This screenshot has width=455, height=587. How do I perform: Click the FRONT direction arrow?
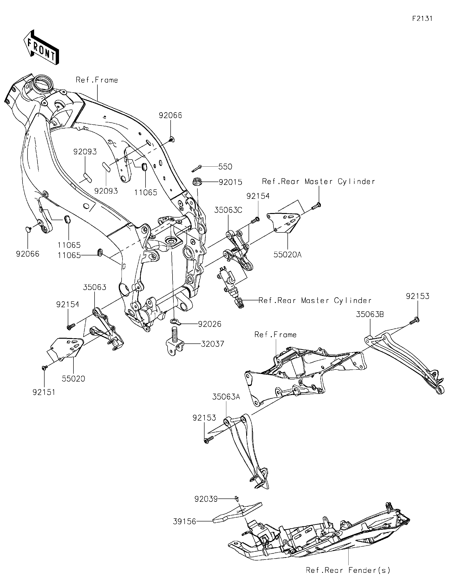click(x=41, y=47)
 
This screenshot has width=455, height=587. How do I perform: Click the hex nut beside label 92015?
click(x=196, y=182)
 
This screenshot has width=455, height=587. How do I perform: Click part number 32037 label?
click(x=212, y=344)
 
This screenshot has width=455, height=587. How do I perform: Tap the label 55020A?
click(x=287, y=254)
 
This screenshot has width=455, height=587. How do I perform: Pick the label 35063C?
click(x=228, y=210)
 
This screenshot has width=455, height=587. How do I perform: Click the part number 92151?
click(x=44, y=392)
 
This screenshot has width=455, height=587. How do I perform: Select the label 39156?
click(x=184, y=522)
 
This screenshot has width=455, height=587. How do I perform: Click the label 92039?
click(x=206, y=499)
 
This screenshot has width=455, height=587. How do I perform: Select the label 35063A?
click(x=226, y=397)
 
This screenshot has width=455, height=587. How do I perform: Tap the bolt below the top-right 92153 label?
click(x=415, y=320)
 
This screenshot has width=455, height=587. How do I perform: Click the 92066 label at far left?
click(x=27, y=254)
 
